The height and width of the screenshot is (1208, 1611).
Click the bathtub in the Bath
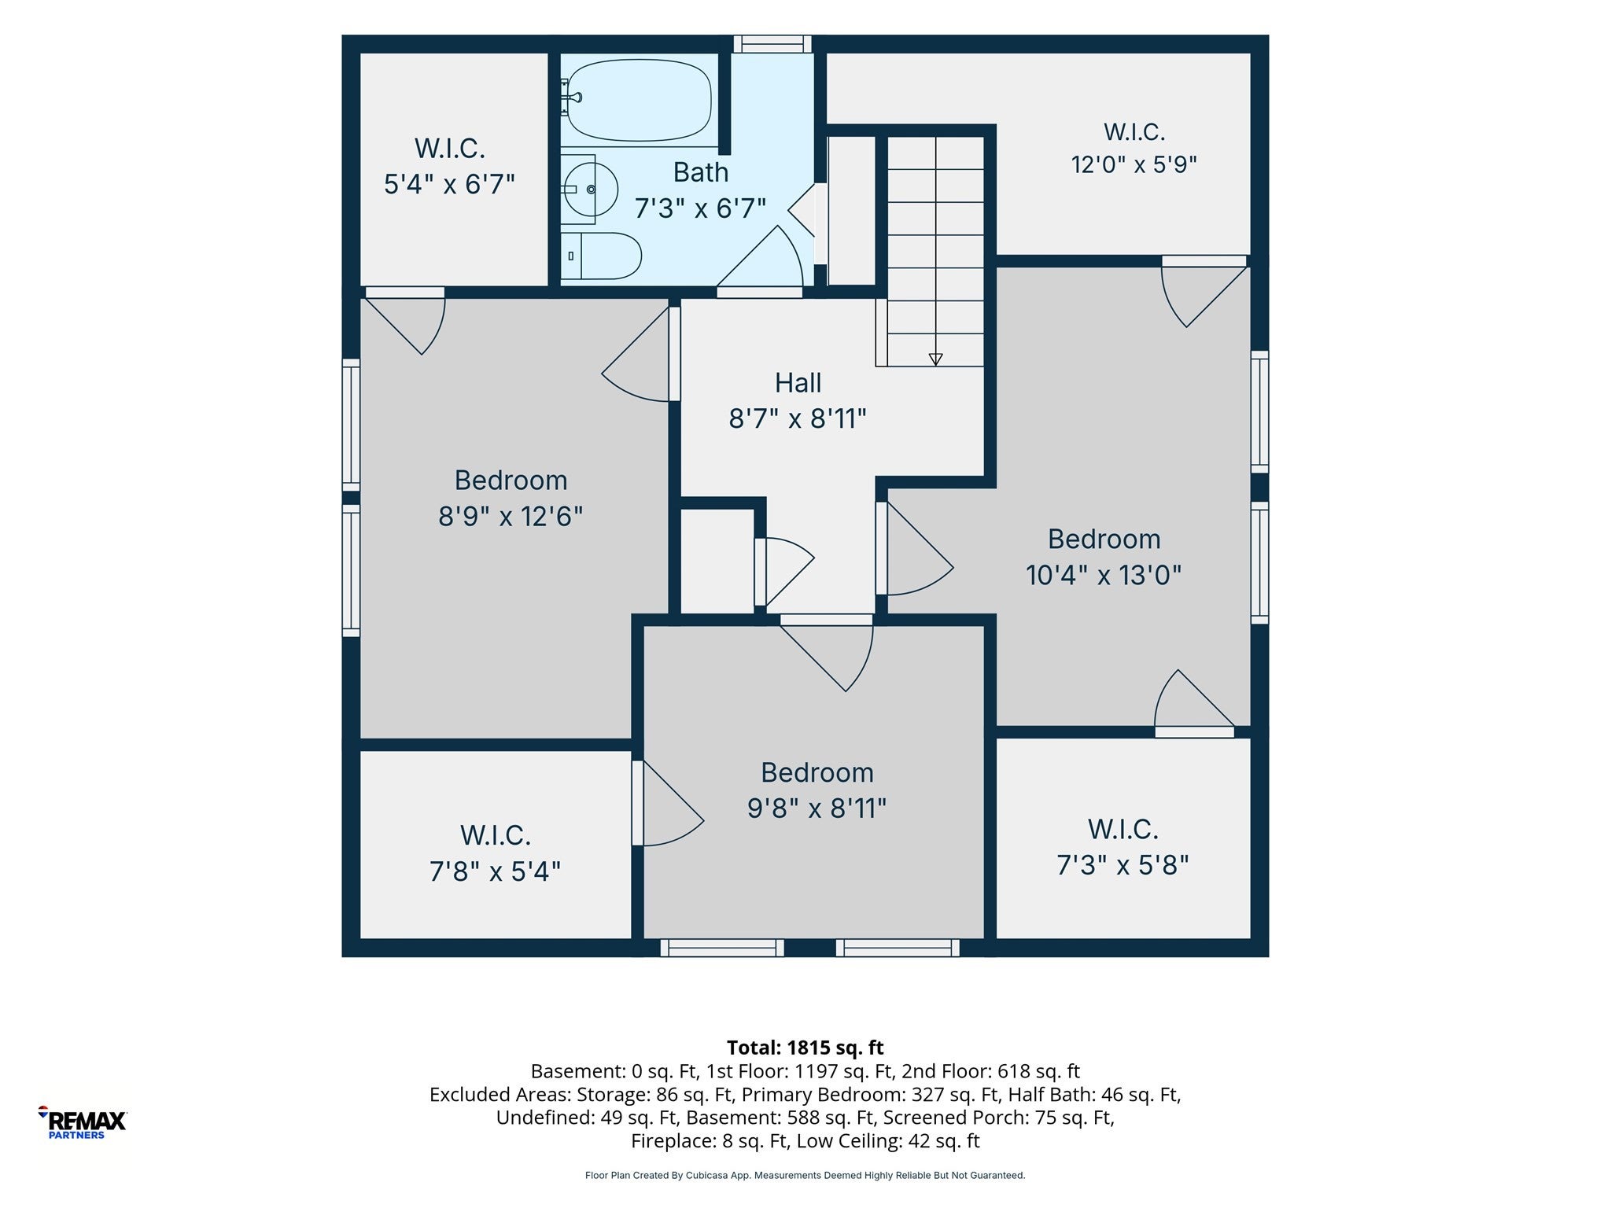(640, 101)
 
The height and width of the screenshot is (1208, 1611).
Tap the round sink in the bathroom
(591, 190)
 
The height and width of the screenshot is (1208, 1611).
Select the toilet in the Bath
(602, 256)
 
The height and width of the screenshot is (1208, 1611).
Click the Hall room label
(798, 383)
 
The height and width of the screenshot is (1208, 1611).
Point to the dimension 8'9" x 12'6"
(511, 517)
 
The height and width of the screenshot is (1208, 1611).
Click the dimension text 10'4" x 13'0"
(1104, 576)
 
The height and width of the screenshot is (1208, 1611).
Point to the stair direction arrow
(935, 359)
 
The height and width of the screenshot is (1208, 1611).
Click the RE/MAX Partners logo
(83, 1122)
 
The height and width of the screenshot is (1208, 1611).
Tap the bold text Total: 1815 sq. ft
(805, 1048)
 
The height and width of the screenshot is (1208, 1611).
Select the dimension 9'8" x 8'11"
(817, 809)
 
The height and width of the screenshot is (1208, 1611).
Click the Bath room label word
(701, 172)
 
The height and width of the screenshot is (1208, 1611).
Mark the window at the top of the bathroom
(772, 44)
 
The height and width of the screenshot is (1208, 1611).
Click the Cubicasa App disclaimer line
(805, 1176)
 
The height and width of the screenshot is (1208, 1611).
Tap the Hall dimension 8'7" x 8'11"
(798, 419)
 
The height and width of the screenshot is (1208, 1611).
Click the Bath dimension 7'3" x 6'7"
(700, 209)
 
